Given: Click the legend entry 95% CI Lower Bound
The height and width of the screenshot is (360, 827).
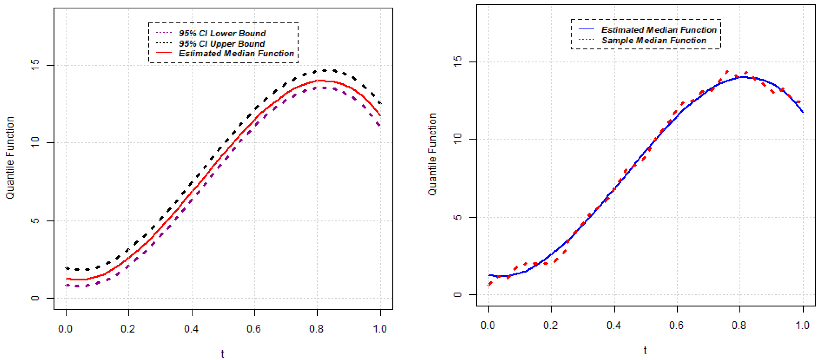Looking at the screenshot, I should [x=222, y=33].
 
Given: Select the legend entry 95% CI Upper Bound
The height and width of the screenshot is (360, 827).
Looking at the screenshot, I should [x=222, y=44].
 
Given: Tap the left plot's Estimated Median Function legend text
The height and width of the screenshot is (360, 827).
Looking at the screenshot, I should [x=236, y=53].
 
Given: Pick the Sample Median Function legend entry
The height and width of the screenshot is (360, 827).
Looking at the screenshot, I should [x=653, y=40].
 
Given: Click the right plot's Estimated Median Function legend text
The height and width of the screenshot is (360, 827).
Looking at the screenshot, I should [x=658, y=30].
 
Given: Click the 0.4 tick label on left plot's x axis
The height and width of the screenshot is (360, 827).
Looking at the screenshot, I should [x=191, y=329].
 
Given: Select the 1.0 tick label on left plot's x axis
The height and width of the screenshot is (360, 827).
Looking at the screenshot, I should [x=380, y=329].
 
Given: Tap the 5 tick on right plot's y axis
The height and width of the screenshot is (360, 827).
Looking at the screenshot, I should [x=457, y=217].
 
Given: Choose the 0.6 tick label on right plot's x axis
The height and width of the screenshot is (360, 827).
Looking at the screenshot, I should [x=676, y=325].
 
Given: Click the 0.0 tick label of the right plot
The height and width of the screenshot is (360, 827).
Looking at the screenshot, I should [x=488, y=325].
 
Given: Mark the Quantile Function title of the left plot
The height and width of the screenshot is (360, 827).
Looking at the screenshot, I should [x=10, y=158].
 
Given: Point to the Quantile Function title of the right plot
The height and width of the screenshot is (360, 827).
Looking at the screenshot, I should [x=433, y=154].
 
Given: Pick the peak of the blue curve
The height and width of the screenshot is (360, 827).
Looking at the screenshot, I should [x=743, y=77].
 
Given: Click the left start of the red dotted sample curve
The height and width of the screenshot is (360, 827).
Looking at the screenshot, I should [x=489, y=284].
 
